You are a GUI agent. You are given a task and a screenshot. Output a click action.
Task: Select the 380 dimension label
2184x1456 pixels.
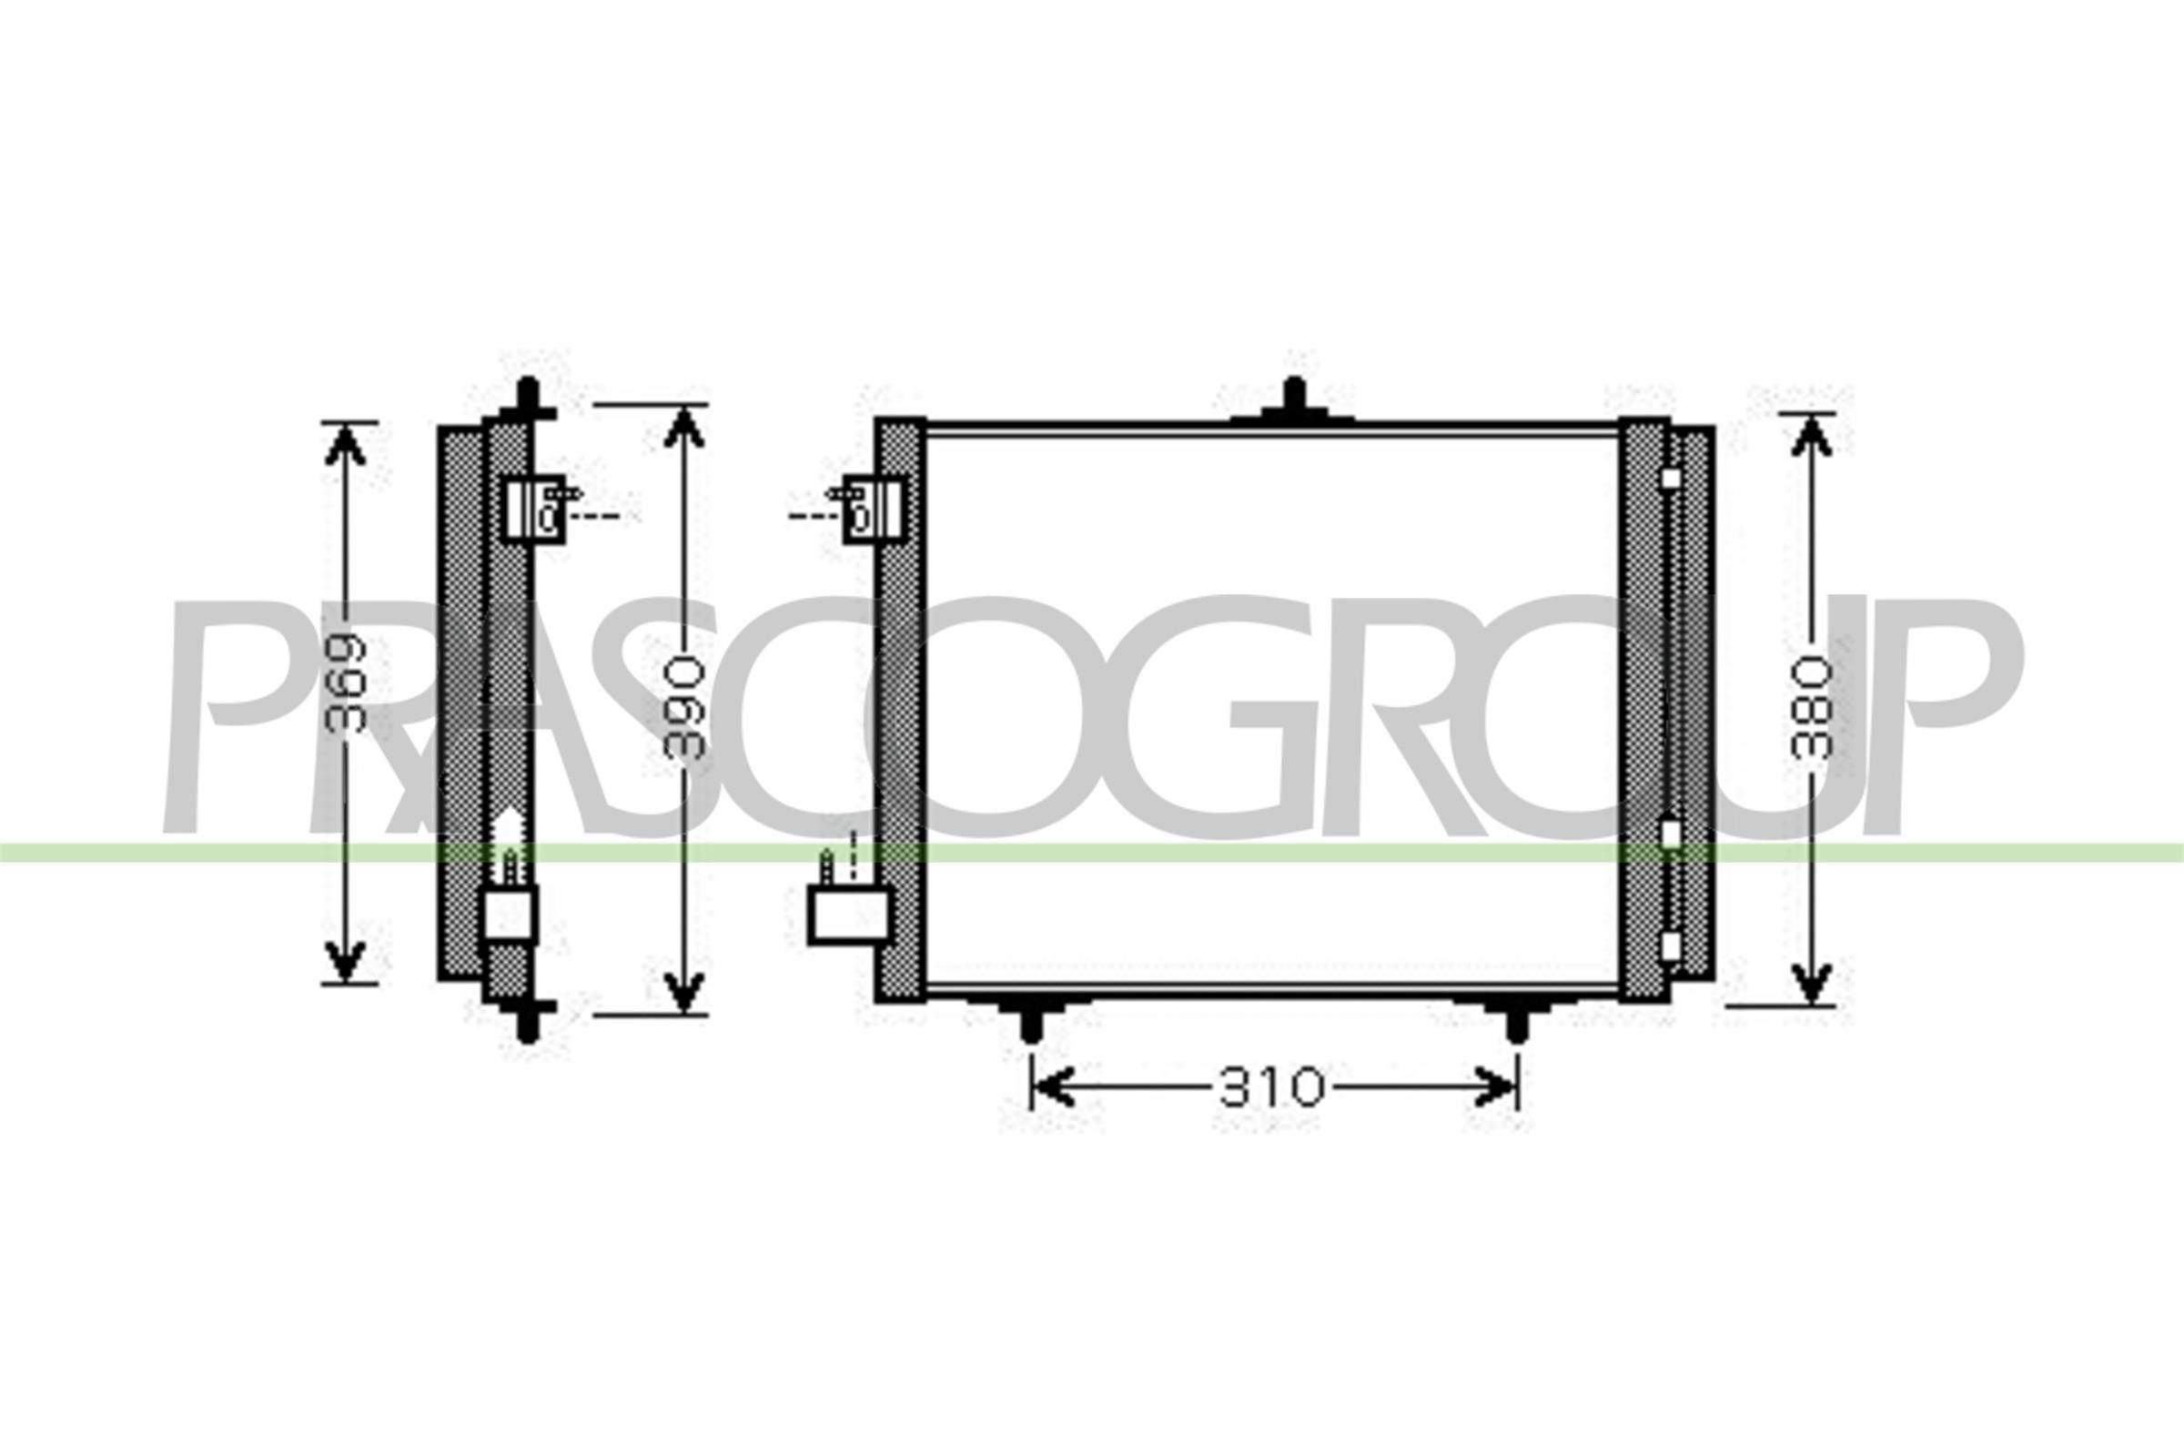tap(1812, 709)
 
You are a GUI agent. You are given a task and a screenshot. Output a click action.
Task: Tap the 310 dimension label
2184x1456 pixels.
tap(1271, 1087)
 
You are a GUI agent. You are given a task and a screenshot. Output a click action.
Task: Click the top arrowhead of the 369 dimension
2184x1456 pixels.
tap(345, 445)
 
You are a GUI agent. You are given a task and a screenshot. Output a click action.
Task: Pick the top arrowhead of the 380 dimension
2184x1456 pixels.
tap(1811, 436)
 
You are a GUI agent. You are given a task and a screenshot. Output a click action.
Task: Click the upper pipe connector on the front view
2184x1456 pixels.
tap(873, 509)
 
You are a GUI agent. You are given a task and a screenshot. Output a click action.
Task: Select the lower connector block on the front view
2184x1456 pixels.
tap(849, 914)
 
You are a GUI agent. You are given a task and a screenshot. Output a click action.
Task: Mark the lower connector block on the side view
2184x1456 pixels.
tap(510, 914)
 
